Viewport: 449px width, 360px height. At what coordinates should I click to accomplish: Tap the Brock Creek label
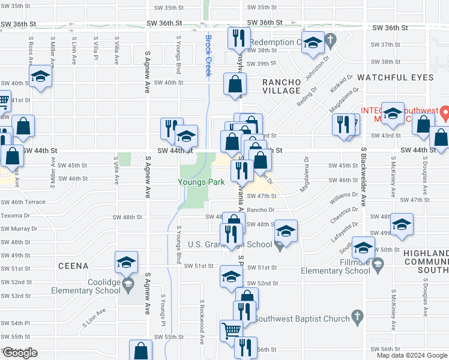tap(208, 55)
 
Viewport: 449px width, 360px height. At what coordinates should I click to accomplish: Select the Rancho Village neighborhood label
tap(281, 86)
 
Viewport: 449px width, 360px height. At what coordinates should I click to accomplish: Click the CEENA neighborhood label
tap(73, 266)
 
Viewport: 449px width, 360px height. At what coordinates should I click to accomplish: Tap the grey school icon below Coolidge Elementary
tap(126, 284)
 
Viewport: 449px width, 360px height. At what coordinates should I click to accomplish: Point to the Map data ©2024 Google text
tap(411, 355)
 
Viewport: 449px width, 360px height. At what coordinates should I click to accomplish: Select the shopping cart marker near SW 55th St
tap(231, 330)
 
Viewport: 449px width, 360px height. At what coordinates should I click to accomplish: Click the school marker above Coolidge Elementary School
tap(126, 262)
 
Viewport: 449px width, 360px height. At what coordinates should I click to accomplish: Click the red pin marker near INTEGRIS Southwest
tap(444, 112)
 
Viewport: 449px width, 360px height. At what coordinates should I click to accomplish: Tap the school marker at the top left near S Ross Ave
tap(41, 77)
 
